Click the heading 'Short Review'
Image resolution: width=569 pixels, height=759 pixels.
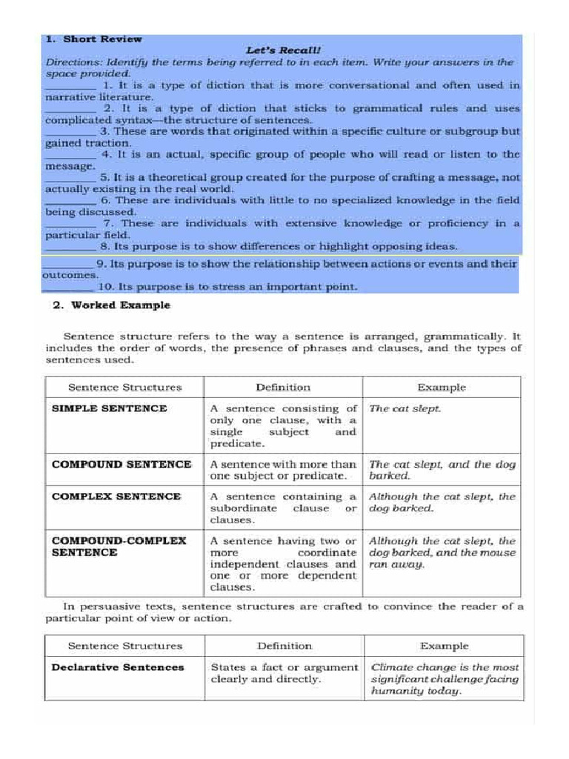click(102, 39)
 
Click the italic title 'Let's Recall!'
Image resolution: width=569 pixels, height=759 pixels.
click(284, 50)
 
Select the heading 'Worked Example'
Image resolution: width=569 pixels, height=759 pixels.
click(120, 305)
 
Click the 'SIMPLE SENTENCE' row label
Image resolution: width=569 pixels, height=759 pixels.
click(110, 408)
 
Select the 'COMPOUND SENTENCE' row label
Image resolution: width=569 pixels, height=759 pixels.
click(122, 465)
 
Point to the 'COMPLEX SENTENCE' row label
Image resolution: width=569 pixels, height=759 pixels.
click(116, 497)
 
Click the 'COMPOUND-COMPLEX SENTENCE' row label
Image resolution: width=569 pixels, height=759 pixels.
click(119, 547)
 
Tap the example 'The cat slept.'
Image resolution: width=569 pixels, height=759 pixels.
click(405, 408)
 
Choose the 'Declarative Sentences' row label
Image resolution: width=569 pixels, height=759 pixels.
click(118, 667)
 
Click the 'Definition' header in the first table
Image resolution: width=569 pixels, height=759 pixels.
click(283, 387)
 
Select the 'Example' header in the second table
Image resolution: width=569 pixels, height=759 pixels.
click(444, 646)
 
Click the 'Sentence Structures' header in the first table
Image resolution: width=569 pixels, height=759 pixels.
click(124, 387)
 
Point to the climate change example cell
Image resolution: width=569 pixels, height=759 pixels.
click(445, 679)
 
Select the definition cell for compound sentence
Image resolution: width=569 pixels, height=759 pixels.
click(283, 470)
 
